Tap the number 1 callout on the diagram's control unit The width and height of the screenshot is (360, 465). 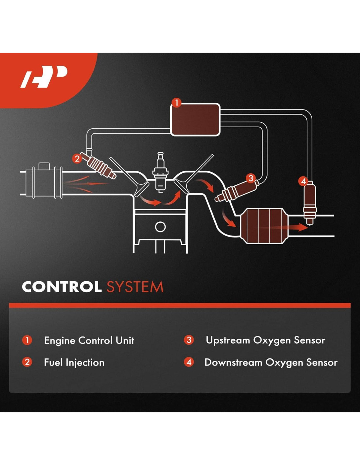tap(176, 103)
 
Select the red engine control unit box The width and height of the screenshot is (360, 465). tap(195, 120)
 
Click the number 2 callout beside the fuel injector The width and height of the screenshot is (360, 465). tap(77, 159)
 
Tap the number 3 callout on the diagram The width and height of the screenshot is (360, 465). tap(251, 178)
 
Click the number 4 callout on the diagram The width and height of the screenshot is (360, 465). tap(303, 181)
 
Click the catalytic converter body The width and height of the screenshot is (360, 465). tap(264, 226)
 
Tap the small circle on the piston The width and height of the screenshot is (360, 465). tap(160, 227)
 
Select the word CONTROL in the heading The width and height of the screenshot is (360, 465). tap(62, 287)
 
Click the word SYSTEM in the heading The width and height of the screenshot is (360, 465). tap(135, 287)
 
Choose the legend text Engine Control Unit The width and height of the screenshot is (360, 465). tap(89, 340)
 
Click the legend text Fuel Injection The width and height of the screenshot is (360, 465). tap(74, 362)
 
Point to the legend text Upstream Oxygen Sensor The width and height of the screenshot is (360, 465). tap(265, 340)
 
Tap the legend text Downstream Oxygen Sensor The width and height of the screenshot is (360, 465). tap(271, 362)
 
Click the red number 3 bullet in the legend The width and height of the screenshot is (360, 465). tap(189, 340)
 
